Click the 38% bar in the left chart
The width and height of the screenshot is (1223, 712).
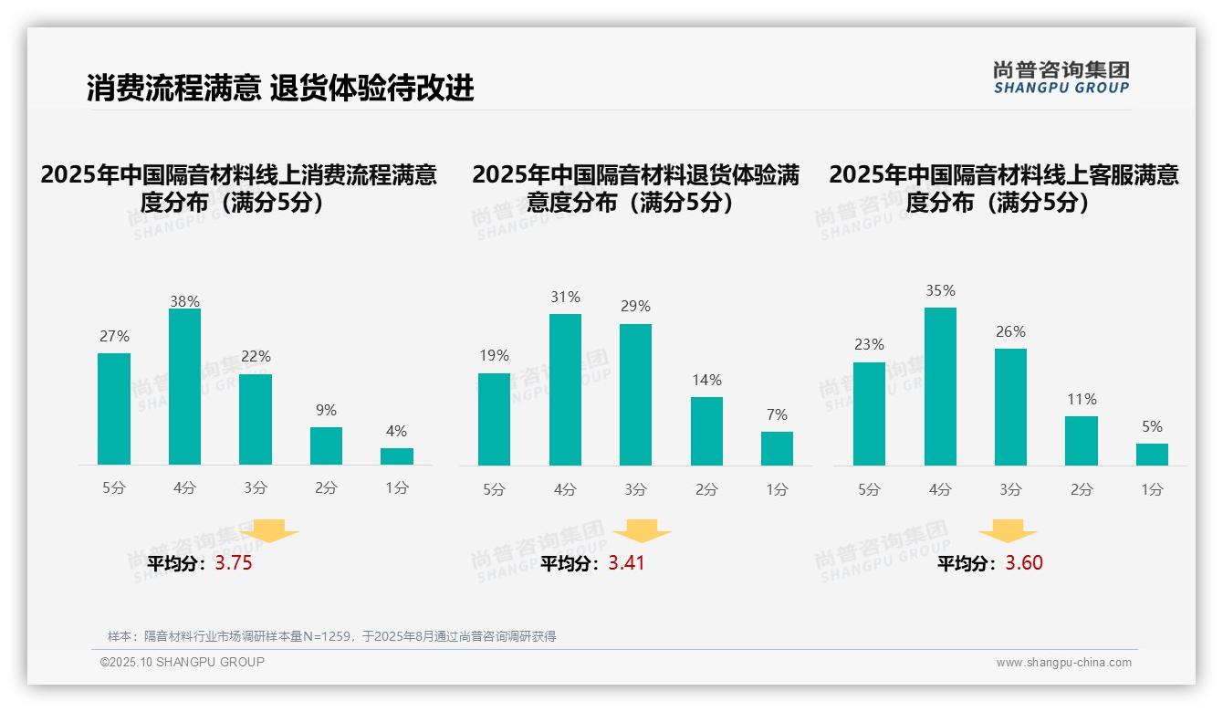tap(184, 387)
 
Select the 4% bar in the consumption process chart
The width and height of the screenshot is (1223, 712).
tap(397, 456)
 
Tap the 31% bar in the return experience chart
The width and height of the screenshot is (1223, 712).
tap(565, 390)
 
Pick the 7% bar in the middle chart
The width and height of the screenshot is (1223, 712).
tap(777, 448)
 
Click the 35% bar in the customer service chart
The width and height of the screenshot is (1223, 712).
tap(940, 386)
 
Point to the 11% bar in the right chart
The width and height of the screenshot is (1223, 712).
tap(1082, 441)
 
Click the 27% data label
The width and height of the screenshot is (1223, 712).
tap(114, 337)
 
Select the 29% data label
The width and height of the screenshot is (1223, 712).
tap(635, 307)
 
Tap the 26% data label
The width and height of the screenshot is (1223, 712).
tap(1010, 332)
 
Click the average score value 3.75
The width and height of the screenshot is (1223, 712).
tap(234, 563)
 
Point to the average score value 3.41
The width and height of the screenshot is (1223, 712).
tap(626, 563)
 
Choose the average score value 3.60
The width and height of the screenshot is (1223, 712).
tap(1024, 563)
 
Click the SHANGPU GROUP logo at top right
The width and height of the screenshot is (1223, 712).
tap(1061, 78)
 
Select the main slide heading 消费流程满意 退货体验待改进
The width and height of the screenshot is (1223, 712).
tap(280, 89)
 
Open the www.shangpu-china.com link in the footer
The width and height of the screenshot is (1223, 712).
tap(1063, 663)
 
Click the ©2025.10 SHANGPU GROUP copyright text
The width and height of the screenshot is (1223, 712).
tap(183, 662)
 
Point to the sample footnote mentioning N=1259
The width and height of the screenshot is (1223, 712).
tap(331, 636)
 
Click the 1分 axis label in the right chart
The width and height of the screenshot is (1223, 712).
tap(1152, 490)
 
